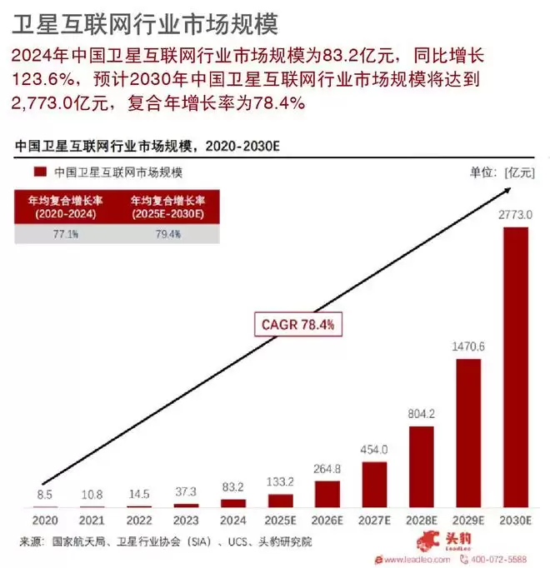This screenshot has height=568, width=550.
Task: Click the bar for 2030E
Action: point(515,366)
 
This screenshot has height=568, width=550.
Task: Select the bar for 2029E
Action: point(468,433)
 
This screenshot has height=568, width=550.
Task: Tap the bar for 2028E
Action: point(421,466)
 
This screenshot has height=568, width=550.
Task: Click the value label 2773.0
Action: point(515,215)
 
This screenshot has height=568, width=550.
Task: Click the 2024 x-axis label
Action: point(233,521)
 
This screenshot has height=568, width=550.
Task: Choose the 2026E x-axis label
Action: point(327,521)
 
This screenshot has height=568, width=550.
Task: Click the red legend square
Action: point(38,172)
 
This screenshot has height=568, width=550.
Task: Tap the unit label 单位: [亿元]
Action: point(502,172)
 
